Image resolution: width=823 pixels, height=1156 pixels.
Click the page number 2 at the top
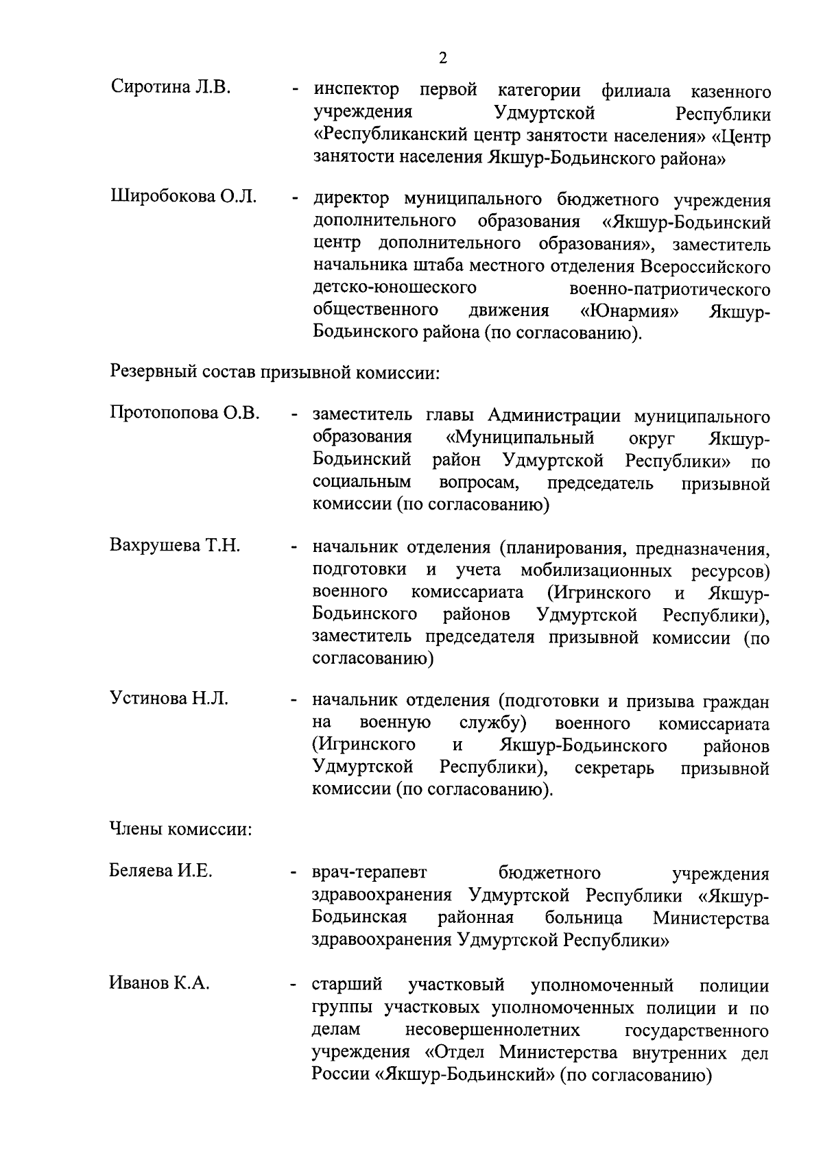click(x=443, y=58)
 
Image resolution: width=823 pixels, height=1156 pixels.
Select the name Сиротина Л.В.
click(x=171, y=88)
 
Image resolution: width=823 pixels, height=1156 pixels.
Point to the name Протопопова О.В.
click(x=184, y=413)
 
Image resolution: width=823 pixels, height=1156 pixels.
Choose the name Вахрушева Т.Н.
click(x=175, y=546)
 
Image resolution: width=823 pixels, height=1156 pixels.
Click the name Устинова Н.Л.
click(x=169, y=699)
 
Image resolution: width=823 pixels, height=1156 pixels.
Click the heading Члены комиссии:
click(x=181, y=830)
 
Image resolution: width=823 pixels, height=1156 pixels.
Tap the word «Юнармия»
click(x=630, y=311)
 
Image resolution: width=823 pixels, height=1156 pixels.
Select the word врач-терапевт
click(x=369, y=873)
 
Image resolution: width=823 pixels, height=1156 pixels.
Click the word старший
click(x=347, y=985)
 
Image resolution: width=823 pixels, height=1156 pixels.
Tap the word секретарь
click(x=614, y=769)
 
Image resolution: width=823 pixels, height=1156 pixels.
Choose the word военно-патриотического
click(x=669, y=289)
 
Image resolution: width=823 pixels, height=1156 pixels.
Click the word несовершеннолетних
click(x=492, y=1031)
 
